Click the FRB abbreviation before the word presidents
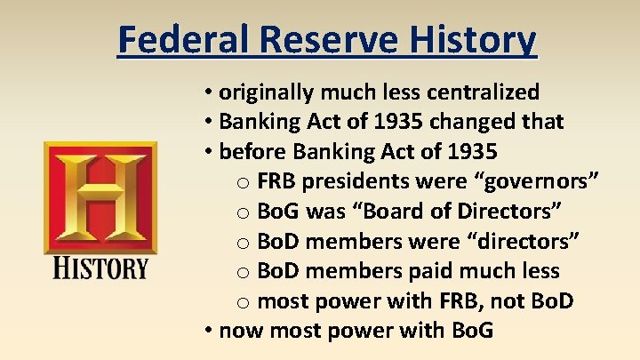pyautogui.click(x=277, y=181)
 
